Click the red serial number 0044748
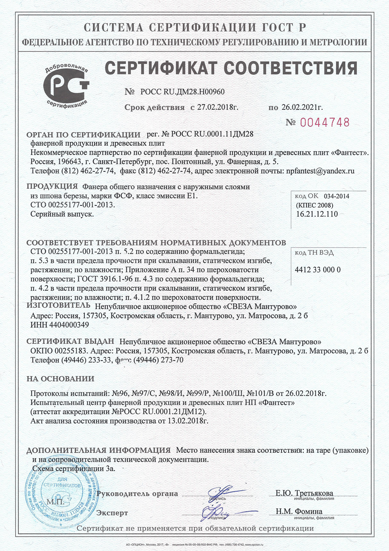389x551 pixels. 325,123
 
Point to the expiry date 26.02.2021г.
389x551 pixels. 302,107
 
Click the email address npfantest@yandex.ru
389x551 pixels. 320,171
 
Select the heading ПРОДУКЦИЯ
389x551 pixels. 52,186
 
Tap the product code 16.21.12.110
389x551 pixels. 317,214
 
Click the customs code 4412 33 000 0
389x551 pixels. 318,270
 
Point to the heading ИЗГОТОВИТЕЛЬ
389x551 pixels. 58,305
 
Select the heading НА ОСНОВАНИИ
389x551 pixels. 60,378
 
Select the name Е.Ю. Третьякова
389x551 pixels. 304,493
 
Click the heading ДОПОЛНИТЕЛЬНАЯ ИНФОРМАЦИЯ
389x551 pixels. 98,450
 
